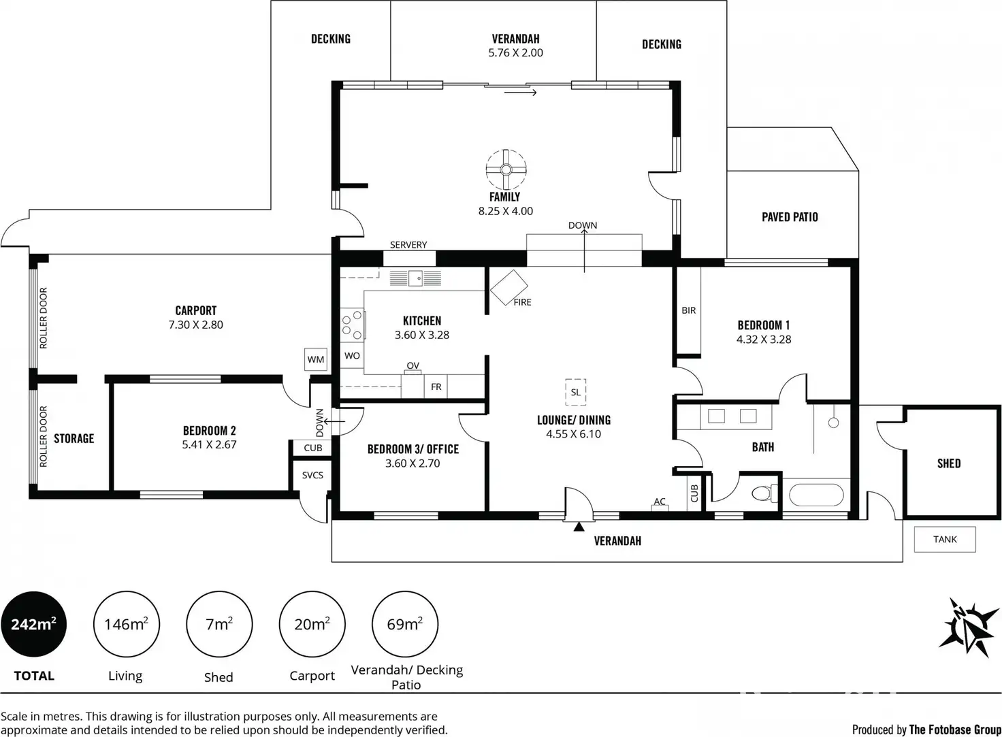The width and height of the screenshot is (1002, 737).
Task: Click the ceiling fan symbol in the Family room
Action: [x=506, y=170]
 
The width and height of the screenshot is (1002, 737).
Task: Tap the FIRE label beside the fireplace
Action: [x=523, y=302]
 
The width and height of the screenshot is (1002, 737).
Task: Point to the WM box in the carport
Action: [x=316, y=359]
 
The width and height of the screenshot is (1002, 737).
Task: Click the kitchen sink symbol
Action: [x=415, y=278]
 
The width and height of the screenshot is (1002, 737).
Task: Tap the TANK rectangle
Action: [x=945, y=540]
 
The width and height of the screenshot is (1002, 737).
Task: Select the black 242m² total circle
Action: [x=33, y=624]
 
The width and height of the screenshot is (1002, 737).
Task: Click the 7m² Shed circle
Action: [x=219, y=624]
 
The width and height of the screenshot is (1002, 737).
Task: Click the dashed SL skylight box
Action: [x=576, y=392]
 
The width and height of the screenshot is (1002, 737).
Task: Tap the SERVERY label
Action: [x=408, y=244]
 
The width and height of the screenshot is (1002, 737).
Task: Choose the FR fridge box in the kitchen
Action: [x=436, y=387]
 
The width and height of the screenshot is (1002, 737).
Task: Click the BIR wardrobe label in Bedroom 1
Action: [x=689, y=310]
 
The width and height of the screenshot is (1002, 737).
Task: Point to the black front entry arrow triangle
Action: [x=579, y=527]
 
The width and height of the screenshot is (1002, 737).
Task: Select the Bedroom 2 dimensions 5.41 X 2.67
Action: [x=210, y=444]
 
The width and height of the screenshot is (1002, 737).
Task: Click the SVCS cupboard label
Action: [x=312, y=475]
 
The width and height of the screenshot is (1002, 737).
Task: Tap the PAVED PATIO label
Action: [x=790, y=217]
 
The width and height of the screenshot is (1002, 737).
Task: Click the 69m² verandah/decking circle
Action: [x=405, y=624]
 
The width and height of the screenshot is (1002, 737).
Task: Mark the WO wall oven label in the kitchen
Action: [x=352, y=355]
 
